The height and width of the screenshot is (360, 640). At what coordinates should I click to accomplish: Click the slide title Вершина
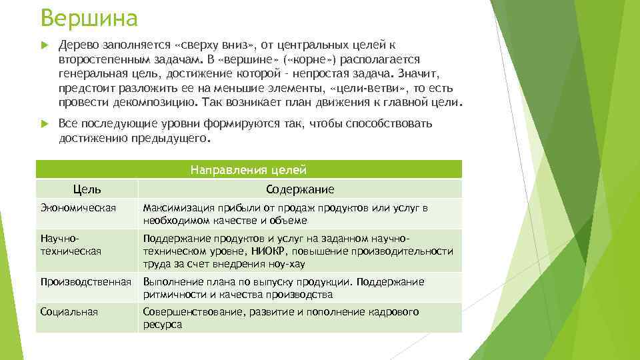pos(89,18)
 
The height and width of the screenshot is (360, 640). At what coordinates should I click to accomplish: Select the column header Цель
pos(87,189)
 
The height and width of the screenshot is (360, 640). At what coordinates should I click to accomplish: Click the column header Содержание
pos(299,189)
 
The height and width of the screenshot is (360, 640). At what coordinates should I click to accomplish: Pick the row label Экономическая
pos(78,208)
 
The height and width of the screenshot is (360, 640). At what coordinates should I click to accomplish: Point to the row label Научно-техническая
pos(71,245)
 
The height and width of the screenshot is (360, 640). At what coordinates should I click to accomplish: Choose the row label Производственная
pos(85,282)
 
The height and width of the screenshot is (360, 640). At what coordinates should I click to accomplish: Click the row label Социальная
pos(69,312)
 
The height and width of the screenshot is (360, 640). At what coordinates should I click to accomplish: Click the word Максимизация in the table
pos(175,208)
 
